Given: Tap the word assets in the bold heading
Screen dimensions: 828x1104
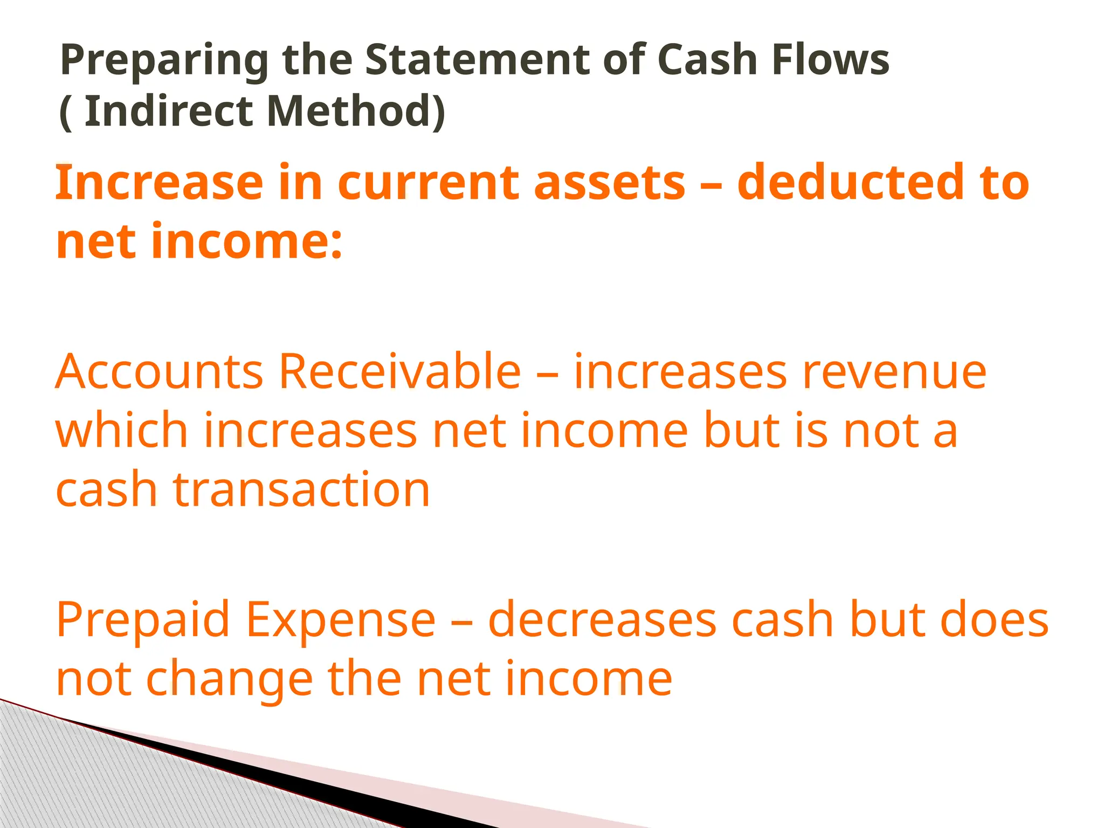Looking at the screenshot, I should point(609,183).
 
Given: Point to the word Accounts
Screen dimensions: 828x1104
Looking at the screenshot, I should point(159,371).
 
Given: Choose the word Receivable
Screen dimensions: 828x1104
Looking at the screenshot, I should point(399,371).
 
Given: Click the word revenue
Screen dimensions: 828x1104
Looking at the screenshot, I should point(894,372).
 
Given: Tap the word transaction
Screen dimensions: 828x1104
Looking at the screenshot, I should point(301,489).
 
